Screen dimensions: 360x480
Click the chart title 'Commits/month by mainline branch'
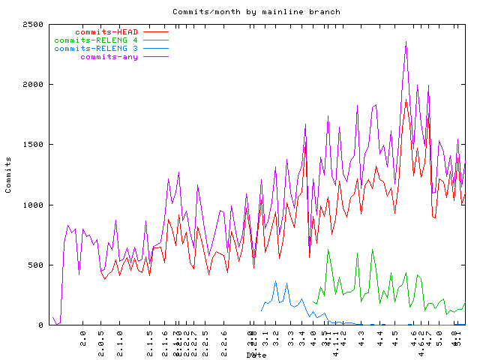point(256,12)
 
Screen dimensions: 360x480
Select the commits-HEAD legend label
point(106,32)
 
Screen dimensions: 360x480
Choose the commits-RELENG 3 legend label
point(96,49)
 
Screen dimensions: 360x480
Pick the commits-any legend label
point(109,57)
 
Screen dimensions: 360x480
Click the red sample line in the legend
point(156,32)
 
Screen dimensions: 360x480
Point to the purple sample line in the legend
point(156,57)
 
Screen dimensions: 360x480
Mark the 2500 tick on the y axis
point(33,25)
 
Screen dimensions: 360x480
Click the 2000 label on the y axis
point(33,85)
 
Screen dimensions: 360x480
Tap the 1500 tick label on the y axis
point(33,145)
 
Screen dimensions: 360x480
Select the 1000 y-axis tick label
point(33,205)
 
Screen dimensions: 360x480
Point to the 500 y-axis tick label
point(36,265)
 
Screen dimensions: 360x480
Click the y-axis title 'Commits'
point(9,175)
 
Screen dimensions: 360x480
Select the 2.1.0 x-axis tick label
point(120,341)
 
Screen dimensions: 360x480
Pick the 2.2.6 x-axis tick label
point(224,341)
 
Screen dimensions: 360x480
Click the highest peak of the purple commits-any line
point(406,42)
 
